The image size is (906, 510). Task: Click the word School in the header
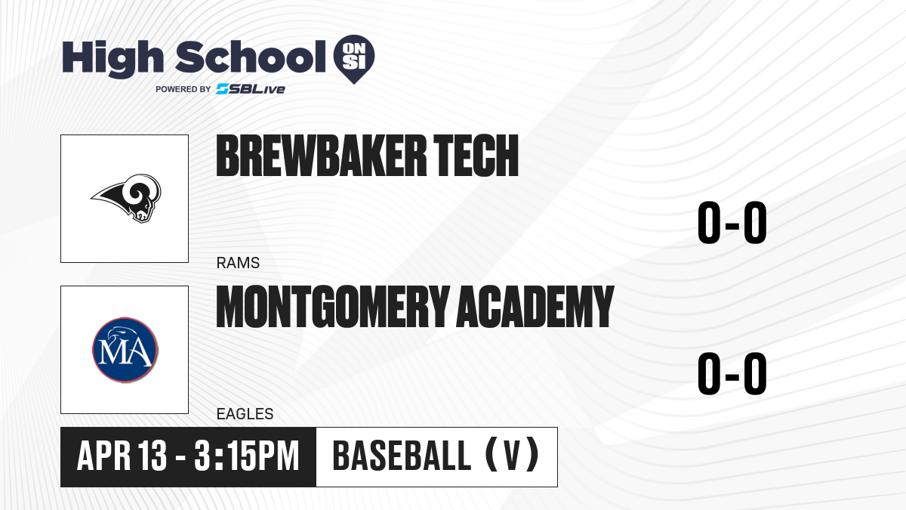251,57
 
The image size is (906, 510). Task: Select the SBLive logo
251,89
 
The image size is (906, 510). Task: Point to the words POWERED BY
183,89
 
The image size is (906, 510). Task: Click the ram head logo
126,198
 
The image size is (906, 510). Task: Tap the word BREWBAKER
322,156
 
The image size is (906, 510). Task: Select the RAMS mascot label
238,263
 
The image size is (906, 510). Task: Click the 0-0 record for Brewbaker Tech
732,223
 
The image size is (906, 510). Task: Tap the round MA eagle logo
125,350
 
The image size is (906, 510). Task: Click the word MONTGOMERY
333,307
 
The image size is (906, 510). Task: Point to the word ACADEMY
535,307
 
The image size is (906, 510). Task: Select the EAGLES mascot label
245,414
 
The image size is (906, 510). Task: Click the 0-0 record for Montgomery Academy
732,373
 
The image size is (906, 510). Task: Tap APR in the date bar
104,456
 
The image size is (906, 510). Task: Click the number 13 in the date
152,456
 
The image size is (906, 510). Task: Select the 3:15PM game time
246,456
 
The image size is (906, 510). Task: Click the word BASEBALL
402,456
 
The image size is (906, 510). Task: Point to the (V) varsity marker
512,456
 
